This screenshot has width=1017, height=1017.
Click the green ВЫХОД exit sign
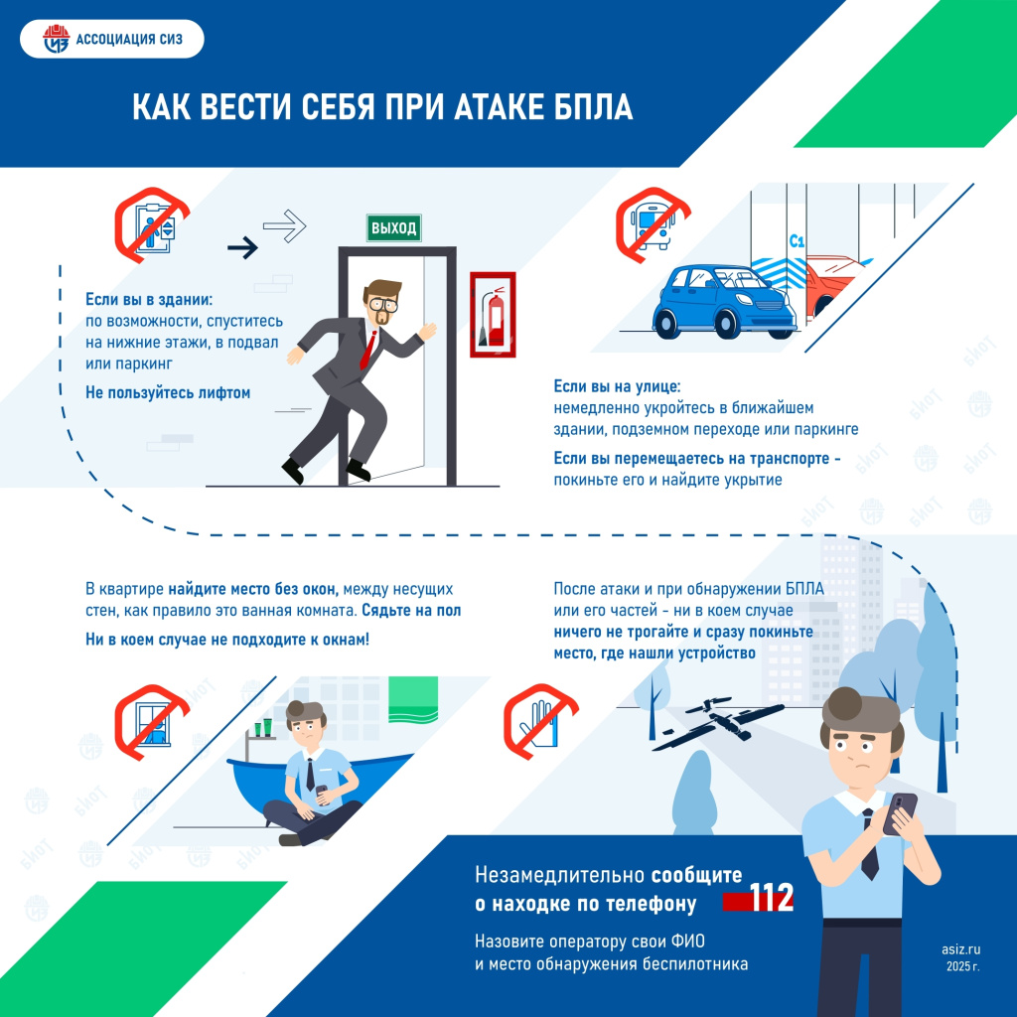click(x=393, y=227)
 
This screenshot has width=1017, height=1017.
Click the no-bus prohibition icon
click(x=652, y=223)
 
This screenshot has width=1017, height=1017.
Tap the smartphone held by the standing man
click(x=902, y=811)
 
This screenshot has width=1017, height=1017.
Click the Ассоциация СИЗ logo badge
click(x=111, y=42)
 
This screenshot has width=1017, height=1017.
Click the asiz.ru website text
click(x=960, y=948)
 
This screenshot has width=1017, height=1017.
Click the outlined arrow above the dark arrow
click(x=284, y=224)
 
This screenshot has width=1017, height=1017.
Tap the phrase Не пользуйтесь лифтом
click(x=168, y=393)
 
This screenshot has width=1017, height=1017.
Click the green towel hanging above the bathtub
click(x=412, y=697)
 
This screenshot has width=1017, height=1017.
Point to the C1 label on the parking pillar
click(x=796, y=240)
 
